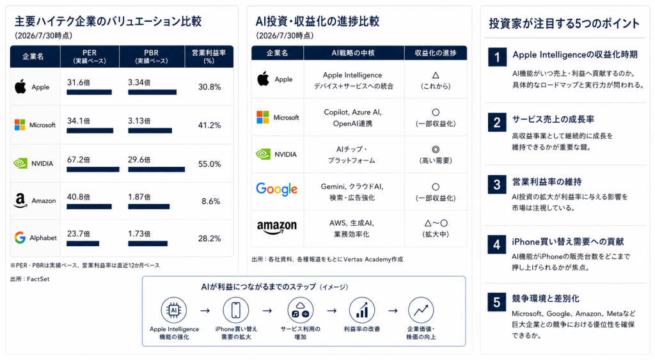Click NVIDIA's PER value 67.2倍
tap(79, 159)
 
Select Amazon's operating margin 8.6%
tap(210, 201)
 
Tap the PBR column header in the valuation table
tap(151, 56)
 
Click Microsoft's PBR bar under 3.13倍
tap(150, 130)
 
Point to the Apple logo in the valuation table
tap(20, 86)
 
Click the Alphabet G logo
tap(20, 238)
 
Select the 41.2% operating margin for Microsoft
tap(209, 125)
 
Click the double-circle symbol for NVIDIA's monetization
tap(435, 150)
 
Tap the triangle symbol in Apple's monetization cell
tap(435, 75)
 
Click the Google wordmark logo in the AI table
tap(276, 189)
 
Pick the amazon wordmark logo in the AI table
tap(276, 227)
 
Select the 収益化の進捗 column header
tap(435, 53)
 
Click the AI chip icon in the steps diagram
tap(173, 310)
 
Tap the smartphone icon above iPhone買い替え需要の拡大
tap(235, 310)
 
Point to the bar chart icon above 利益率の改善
tap(362, 310)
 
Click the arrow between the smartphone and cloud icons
tap(267, 311)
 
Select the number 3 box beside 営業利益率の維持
tap(496, 184)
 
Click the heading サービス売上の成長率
tap(553, 120)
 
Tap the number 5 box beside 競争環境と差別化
tap(496, 302)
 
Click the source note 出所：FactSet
tap(29, 279)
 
